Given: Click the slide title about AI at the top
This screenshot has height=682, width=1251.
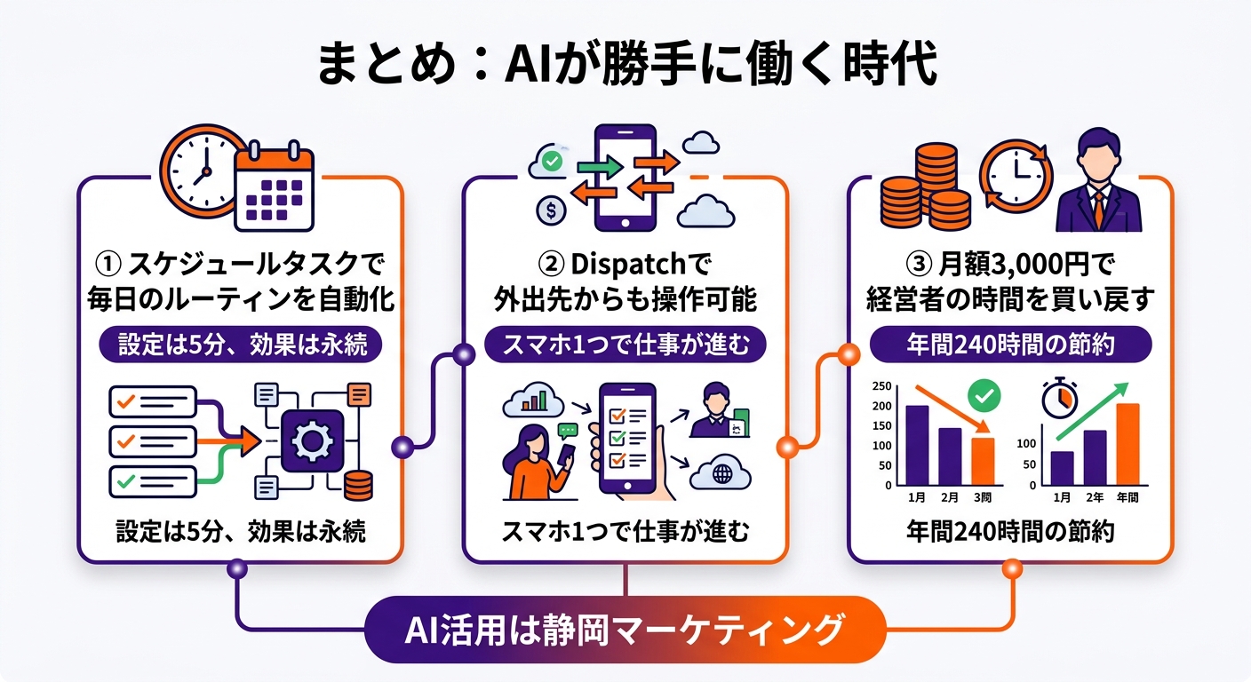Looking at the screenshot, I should click(x=625, y=64).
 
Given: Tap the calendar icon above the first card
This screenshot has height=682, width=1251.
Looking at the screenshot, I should click(x=275, y=187).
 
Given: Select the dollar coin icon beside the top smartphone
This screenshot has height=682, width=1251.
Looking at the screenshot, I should click(x=552, y=210).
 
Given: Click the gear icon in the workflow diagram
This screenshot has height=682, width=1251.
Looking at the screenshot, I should click(x=312, y=440).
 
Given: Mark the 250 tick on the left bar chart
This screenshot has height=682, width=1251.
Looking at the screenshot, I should click(x=882, y=386).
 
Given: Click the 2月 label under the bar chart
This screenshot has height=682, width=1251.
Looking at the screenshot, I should click(x=950, y=498).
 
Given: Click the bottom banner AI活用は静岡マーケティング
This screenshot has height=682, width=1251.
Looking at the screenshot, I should click(x=625, y=630).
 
